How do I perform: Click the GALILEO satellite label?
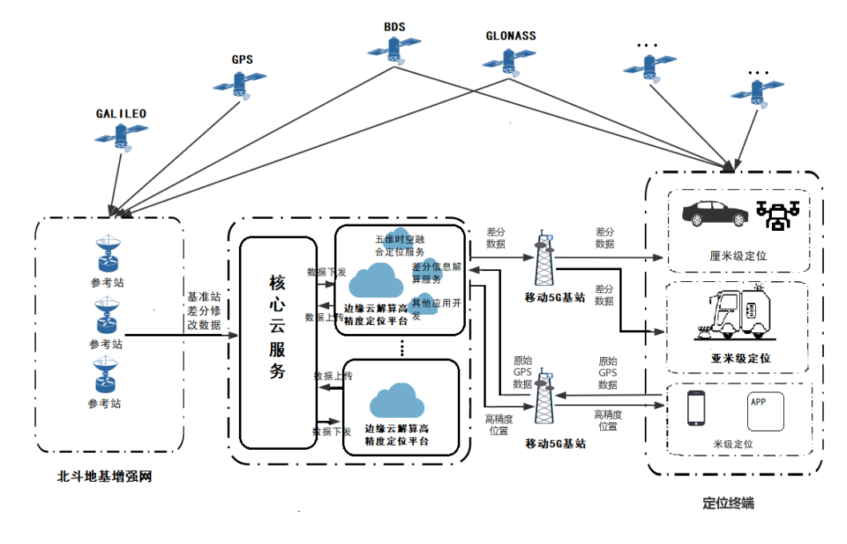click(121, 113)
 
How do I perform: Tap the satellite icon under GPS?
click(240, 83)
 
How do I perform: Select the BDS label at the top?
click(394, 26)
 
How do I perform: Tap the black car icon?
click(714, 213)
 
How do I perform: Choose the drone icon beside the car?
click(777, 214)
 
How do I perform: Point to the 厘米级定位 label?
click(738, 256)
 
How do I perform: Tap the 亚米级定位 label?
click(741, 359)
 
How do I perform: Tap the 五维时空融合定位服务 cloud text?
click(400, 246)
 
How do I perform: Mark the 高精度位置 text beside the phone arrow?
click(609, 419)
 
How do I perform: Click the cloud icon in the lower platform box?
click(397, 400)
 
